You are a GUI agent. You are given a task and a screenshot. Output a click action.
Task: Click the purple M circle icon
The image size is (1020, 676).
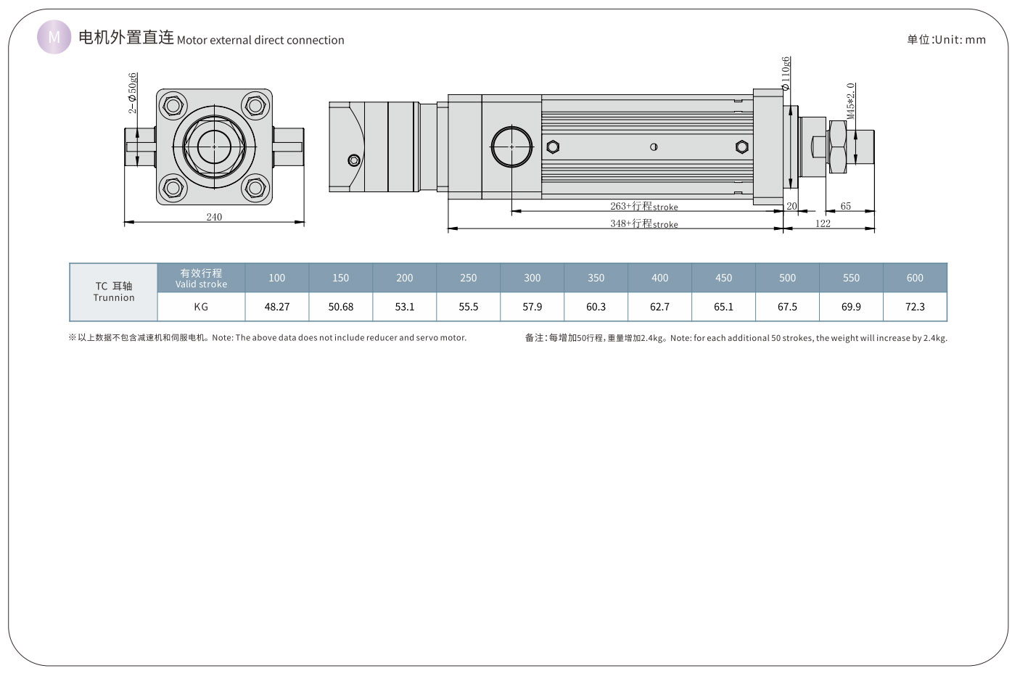click(54, 37)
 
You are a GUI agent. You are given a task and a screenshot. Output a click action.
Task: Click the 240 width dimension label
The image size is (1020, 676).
click(214, 217)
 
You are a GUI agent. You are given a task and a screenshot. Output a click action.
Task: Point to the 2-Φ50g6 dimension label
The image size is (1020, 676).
click(133, 93)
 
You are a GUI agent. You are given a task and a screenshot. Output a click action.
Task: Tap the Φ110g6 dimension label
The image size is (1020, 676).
click(786, 73)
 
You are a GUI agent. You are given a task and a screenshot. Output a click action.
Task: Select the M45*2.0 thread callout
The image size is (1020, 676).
click(851, 101)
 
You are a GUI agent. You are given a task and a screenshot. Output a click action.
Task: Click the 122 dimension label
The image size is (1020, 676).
click(823, 223)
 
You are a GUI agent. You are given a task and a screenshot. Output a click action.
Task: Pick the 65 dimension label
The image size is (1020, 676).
click(846, 206)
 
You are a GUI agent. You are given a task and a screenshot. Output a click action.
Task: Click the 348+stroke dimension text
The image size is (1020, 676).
click(643, 223)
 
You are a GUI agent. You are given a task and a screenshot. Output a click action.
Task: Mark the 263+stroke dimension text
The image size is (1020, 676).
click(643, 206)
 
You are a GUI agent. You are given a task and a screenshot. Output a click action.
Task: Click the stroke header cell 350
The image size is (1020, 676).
click(596, 278)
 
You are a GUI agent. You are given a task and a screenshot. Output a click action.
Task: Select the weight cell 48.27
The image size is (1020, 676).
click(276, 307)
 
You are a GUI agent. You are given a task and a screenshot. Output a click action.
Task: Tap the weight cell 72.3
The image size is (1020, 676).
click(915, 307)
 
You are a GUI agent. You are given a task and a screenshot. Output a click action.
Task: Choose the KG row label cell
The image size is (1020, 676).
click(201, 307)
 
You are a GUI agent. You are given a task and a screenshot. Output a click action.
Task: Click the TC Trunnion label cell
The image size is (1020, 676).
click(114, 292)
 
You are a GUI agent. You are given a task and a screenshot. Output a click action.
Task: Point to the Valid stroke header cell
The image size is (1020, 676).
click(201, 278)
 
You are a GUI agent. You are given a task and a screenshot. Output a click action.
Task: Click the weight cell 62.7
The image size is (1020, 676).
click(659, 307)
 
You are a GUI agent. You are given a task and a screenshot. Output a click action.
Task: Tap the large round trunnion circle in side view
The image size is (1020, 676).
click(511, 147)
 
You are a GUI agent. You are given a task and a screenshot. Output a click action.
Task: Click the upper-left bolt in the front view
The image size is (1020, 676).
click(173, 107)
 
